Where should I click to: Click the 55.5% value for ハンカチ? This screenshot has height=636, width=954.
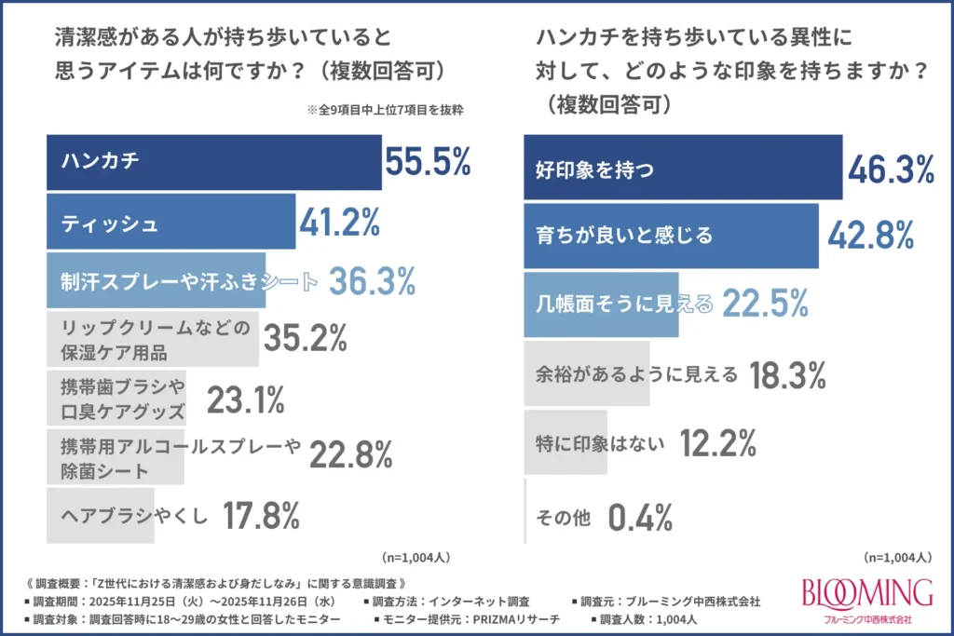coord(428,162)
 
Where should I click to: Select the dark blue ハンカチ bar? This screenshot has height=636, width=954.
coord(214,162)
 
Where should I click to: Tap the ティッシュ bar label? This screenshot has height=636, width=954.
coord(110,223)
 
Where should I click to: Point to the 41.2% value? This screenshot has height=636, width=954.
coord(339,223)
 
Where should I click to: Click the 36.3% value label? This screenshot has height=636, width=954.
coord(372,281)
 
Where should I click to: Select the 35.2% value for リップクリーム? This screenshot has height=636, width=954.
coord(306,340)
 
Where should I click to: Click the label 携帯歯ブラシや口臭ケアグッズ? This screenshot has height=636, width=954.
coord(124,399)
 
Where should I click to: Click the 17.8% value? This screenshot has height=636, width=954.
coord(261,516)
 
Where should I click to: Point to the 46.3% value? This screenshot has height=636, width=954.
coord(891,169)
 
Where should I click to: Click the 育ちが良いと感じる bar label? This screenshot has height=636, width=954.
coord(625,236)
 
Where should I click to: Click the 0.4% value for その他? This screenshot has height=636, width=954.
coord(640,518)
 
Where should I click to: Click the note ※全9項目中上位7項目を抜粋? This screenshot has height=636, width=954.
coord(384,109)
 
